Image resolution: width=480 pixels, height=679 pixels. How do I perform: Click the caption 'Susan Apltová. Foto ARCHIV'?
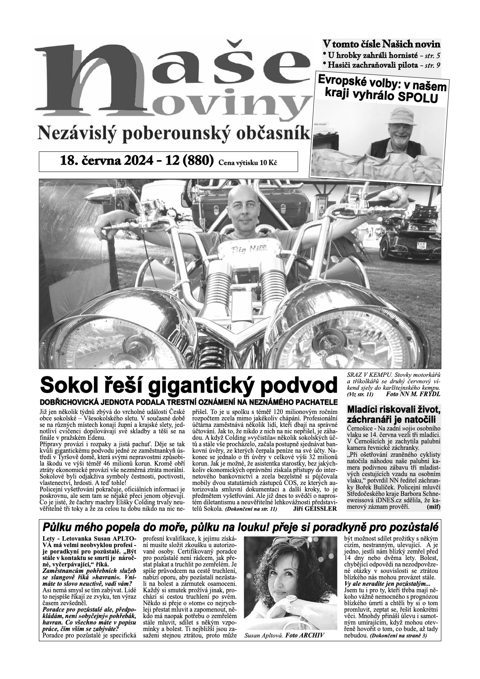284,635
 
